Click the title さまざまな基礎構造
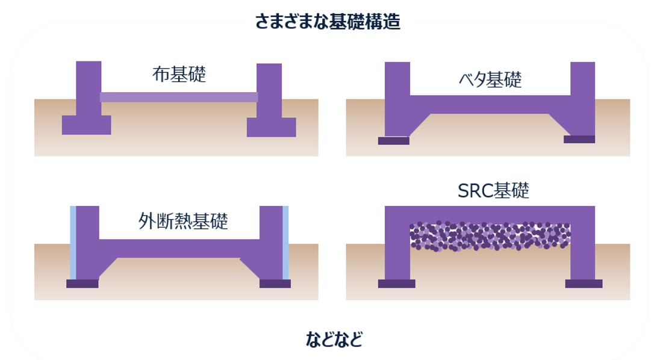[x=327, y=22]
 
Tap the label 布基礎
[x=179, y=74]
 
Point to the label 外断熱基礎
[x=183, y=221]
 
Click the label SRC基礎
[x=493, y=191]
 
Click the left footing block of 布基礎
[x=87, y=125]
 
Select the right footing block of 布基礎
[x=271, y=127]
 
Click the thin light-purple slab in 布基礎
[x=179, y=97]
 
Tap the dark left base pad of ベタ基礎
[x=394, y=141]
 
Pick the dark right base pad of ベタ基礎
[x=579, y=140]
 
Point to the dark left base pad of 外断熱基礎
[x=83, y=284]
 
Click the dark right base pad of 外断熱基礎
[x=275, y=284]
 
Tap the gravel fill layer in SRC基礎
[x=490, y=235]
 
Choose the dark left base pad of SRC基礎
[x=396, y=284]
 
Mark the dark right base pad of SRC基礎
[x=584, y=284]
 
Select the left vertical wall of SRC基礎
[x=397, y=247]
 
